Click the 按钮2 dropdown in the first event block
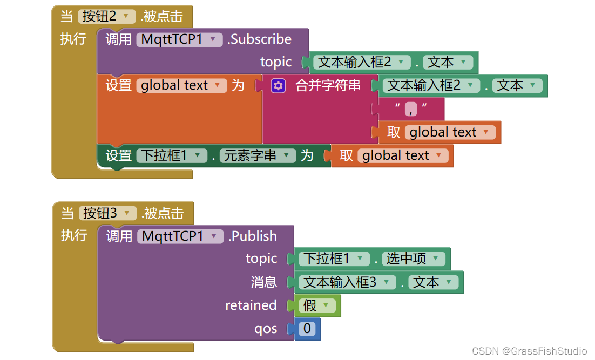[x=106, y=16]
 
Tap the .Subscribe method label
[x=260, y=39]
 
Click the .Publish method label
[x=253, y=236]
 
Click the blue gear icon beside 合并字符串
[x=278, y=86]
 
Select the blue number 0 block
[x=307, y=329]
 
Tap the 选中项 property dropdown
[x=413, y=259]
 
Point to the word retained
[x=251, y=305]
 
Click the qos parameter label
[x=266, y=329]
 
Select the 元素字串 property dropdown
[x=256, y=156]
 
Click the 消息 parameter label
[x=263, y=282]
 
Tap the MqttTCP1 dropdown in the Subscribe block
[x=179, y=39]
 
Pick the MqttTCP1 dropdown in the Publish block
[x=180, y=236]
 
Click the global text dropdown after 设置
[x=181, y=86]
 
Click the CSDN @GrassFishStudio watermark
[x=529, y=351]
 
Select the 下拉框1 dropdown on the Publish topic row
[x=334, y=259]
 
